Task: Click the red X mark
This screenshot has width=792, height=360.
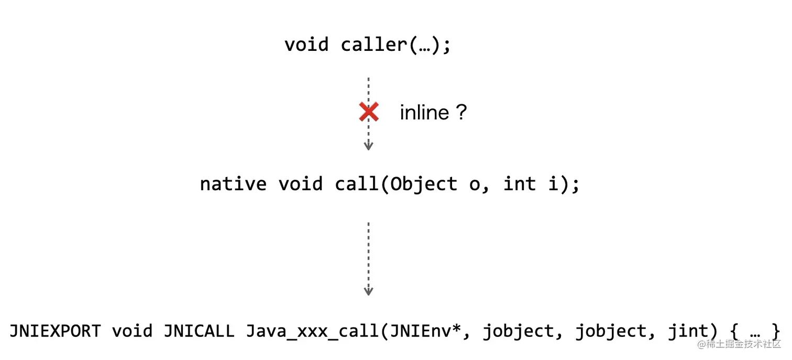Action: pos(369,112)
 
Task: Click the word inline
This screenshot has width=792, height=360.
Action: pos(424,113)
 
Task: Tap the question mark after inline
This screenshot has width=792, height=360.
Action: pos(460,112)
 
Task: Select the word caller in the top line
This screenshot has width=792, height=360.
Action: pos(373,45)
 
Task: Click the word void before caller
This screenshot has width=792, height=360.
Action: pos(306,45)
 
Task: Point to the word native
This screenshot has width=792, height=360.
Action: pos(233,184)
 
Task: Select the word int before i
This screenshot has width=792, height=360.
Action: pos(520,184)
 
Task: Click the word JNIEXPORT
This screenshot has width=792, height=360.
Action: pos(55,331)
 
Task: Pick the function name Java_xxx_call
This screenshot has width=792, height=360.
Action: pos(313,331)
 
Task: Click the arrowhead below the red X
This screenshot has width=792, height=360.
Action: pos(368,147)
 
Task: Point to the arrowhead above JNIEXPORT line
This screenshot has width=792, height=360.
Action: pos(368,291)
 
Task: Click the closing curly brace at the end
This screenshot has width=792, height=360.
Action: pos(776,331)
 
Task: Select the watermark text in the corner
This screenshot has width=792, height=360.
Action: pos(739,344)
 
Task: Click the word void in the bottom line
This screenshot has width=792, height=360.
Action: pos(131,331)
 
